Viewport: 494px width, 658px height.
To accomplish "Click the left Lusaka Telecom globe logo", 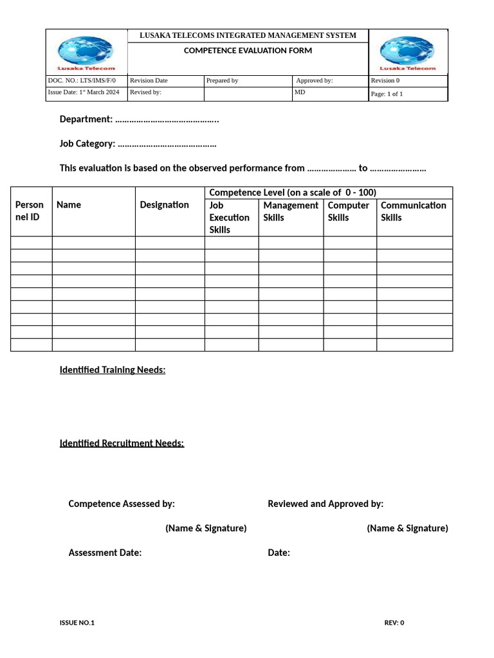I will tap(86, 52).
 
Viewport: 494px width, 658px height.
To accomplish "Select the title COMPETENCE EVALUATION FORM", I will tap(248, 51).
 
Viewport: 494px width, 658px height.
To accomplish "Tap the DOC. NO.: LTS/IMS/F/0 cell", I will tap(82, 81).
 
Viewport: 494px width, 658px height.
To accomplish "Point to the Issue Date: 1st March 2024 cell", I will tap(84, 93).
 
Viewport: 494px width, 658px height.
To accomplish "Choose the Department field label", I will tap(86, 120).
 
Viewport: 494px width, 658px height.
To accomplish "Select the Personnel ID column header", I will tap(30, 211).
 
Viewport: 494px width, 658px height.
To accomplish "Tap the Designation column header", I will tap(165, 205).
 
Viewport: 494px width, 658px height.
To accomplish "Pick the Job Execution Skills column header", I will tap(230, 217).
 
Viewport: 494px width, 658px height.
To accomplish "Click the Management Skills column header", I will tap(291, 211).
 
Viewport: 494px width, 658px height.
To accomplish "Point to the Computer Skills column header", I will tap(349, 211).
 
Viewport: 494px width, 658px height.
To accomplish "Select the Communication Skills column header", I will tap(414, 211).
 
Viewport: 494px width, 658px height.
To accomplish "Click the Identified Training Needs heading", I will tap(113, 370).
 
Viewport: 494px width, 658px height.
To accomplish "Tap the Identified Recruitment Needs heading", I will tap(122, 443).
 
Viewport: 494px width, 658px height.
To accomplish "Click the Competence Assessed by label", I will tap(122, 504).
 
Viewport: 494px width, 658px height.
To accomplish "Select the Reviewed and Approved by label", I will tap(325, 504).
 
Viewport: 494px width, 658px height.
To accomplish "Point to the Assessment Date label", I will tap(105, 553).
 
